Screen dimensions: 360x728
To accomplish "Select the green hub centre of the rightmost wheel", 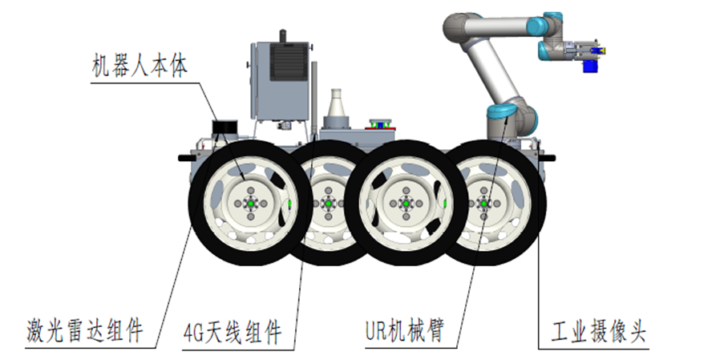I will (484, 204).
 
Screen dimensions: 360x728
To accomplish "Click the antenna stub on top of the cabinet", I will (281, 34).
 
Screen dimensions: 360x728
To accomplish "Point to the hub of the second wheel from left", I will (327, 204).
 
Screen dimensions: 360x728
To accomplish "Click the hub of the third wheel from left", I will (406, 204).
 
